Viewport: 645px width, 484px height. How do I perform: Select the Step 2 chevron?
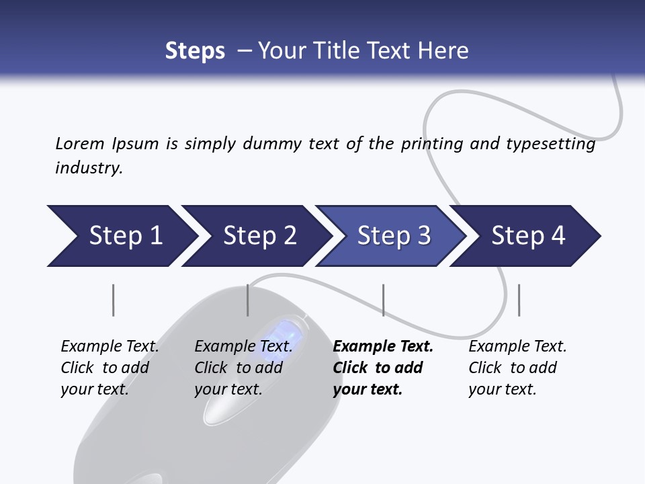tap(259, 236)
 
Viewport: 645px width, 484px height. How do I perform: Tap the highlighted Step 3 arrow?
tap(394, 236)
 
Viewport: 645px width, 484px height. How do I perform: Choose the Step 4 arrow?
tap(528, 236)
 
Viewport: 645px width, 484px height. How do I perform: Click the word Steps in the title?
tap(195, 51)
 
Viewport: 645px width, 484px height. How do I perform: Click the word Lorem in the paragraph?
tap(79, 143)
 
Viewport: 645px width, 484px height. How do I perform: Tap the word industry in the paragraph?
tap(88, 167)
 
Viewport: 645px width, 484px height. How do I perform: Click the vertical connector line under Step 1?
tap(113, 300)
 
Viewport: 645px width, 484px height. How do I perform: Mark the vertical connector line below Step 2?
tap(248, 300)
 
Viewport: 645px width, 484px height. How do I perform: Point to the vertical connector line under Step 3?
tap(383, 300)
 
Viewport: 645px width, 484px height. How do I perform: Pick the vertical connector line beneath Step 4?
tap(519, 300)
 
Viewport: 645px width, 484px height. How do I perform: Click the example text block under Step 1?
tap(110, 368)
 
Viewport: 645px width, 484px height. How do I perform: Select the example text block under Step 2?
tap(243, 368)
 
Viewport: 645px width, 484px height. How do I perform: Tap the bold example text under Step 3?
tap(383, 368)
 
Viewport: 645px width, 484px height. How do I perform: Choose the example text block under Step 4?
tap(517, 368)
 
